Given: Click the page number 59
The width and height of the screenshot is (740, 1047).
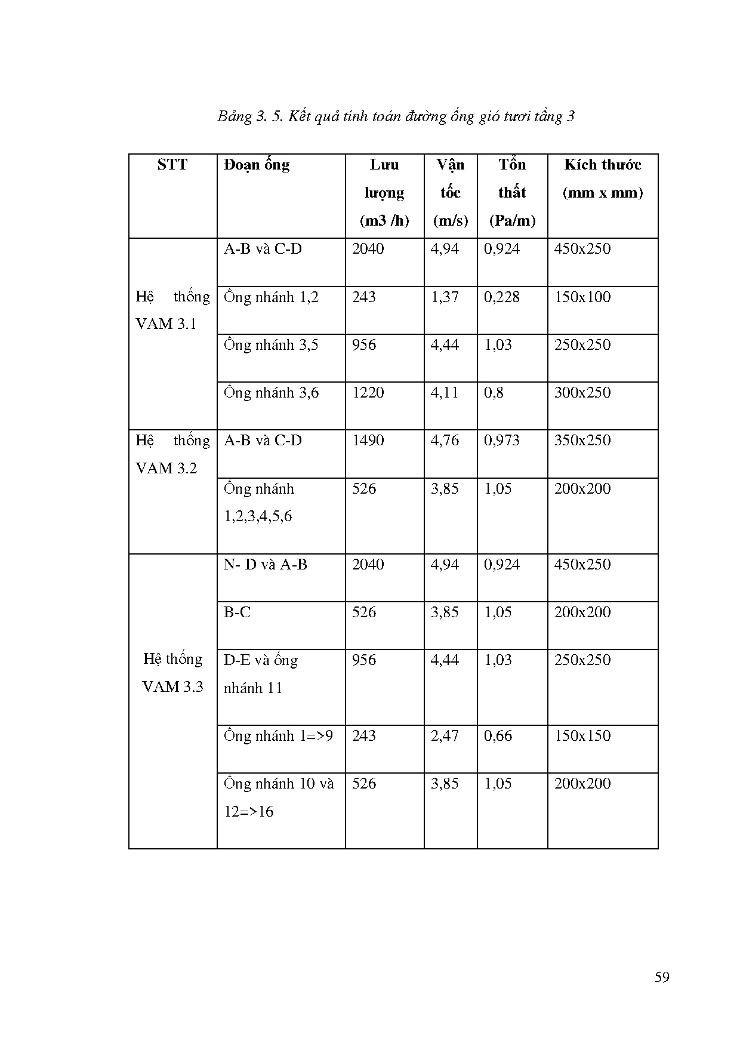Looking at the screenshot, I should click(x=662, y=977).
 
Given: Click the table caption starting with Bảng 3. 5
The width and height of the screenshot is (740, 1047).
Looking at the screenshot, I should click(x=396, y=116).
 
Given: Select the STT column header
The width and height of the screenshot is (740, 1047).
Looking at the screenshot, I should click(x=172, y=165).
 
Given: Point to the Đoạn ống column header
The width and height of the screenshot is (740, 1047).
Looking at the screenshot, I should click(x=257, y=165).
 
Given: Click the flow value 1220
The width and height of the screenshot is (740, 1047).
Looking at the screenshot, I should click(x=368, y=393).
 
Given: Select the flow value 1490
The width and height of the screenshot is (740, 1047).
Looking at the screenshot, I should click(x=368, y=441).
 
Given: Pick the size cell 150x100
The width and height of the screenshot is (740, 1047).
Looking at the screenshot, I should click(x=582, y=297).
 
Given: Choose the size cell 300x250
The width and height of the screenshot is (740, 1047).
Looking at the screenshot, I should click(x=582, y=393).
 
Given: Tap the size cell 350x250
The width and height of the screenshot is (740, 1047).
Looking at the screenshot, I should click(x=582, y=441).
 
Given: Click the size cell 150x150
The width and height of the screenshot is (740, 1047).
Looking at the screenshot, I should click(x=582, y=735).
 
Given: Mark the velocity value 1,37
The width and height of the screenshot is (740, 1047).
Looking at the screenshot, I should click(x=445, y=297).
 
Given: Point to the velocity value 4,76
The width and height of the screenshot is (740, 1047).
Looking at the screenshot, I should click(x=445, y=441).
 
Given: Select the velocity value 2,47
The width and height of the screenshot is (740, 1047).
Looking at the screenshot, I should click(x=445, y=735).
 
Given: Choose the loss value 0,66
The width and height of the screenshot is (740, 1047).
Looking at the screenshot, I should click(x=498, y=735).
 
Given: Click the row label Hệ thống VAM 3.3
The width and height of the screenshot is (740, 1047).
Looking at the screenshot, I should click(x=173, y=673).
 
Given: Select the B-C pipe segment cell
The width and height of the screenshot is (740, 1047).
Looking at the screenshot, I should click(x=237, y=612).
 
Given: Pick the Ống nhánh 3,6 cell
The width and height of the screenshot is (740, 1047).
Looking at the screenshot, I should click(x=272, y=393).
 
